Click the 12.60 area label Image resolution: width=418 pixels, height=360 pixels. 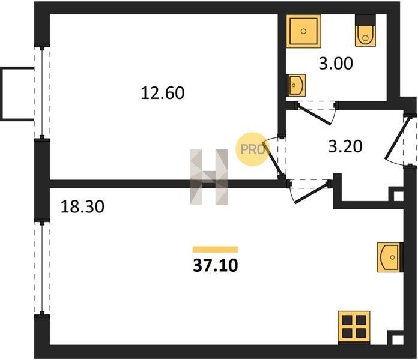click(x=162, y=93)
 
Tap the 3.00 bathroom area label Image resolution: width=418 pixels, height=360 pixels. click(x=336, y=64)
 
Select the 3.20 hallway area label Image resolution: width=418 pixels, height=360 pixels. click(x=345, y=146)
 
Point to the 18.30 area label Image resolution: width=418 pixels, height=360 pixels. click(x=82, y=206)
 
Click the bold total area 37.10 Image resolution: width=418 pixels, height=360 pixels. click(x=216, y=265)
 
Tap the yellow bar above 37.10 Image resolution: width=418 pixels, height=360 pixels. click(x=215, y=250)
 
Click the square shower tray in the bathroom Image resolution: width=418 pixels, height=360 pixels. click(x=304, y=31)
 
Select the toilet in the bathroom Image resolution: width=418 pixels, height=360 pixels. click(x=365, y=31)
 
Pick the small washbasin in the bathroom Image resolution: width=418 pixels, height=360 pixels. click(x=295, y=85)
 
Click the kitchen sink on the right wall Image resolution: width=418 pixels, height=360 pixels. click(x=390, y=257)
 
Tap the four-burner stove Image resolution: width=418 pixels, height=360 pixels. click(x=354, y=328)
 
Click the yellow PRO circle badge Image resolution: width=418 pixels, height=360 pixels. click(x=253, y=149)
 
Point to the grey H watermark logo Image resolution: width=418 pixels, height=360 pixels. click(x=209, y=177)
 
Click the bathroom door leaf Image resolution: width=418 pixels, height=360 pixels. click(x=313, y=115)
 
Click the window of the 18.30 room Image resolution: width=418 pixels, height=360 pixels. click(x=42, y=268)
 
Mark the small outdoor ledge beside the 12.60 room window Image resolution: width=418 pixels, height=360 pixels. click(x=17, y=94)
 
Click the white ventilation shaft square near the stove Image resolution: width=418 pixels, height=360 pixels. click(x=398, y=340)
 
